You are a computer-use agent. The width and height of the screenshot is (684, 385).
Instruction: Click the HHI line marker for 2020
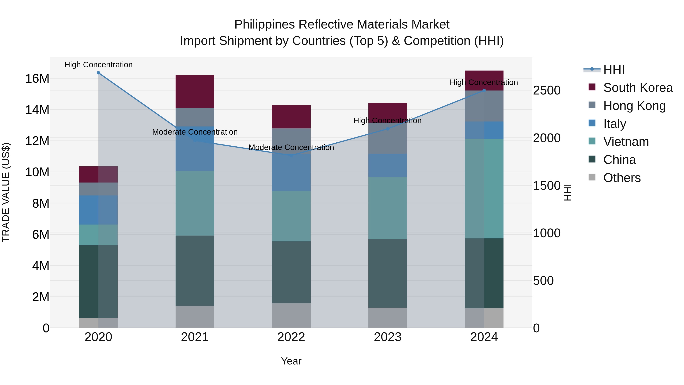pyautogui.click(x=98, y=73)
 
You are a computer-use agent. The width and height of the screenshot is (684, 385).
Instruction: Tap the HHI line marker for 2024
pyautogui.click(x=484, y=90)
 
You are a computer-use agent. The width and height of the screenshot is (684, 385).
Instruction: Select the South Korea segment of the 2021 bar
pyautogui.click(x=195, y=91)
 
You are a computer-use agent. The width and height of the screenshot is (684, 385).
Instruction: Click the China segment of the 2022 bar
pyautogui.click(x=291, y=272)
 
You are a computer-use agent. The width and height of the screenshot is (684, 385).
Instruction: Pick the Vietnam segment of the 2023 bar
pyautogui.click(x=387, y=208)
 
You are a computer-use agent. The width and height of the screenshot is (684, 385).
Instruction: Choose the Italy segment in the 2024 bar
pyautogui.click(x=484, y=130)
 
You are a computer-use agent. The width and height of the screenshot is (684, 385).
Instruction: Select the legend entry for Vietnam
pyautogui.click(x=626, y=142)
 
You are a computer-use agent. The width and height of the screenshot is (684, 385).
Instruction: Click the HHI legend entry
pyautogui.click(x=613, y=70)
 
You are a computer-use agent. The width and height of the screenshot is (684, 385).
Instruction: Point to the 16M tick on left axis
pyautogui.click(x=37, y=79)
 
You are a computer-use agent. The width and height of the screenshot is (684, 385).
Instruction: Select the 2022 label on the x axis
pyautogui.click(x=291, y=337)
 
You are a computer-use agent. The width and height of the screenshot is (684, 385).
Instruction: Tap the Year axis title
pyautogui.click(x=291, y=361)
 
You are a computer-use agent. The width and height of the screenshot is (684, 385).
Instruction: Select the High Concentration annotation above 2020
pyautogui.click(x=98, y=65)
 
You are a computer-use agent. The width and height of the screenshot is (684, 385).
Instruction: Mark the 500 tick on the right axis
pyautogui.click(x=543, y=281)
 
